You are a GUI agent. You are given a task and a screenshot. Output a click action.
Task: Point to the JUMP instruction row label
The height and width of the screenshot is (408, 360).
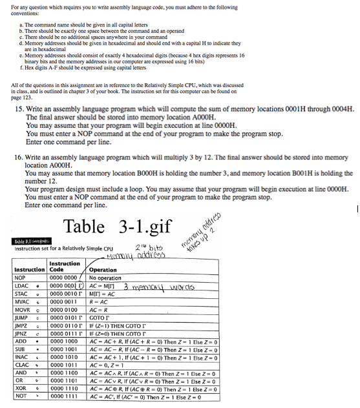click(x=23, y=318)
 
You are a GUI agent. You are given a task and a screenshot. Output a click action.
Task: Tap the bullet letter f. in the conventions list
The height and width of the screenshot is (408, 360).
click(x=21, y=67)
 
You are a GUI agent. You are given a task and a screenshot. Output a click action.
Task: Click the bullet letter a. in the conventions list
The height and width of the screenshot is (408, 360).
click(x=21, y=24)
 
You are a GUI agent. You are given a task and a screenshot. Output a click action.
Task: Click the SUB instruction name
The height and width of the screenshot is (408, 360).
click(x=21, y=349)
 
